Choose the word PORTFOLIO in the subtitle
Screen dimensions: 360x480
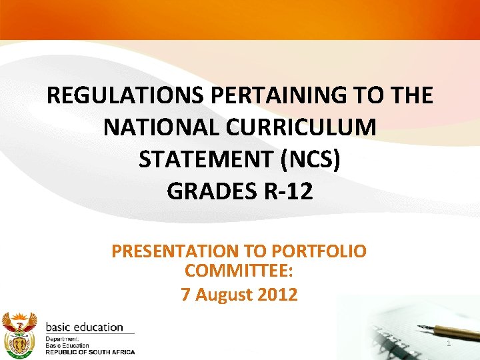point(319,252)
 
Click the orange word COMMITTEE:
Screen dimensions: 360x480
point(239,272)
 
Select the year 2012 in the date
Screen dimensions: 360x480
point(279,294)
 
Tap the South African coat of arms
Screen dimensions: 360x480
point(19,333)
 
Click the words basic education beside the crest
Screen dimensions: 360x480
point(84,327)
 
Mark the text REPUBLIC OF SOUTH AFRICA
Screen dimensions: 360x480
point(89,352)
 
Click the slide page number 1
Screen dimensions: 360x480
point(449,343)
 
